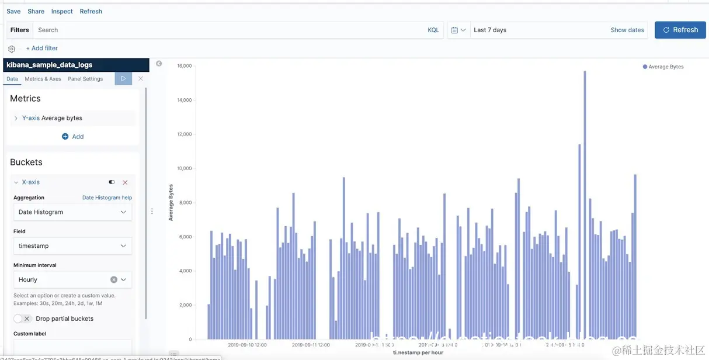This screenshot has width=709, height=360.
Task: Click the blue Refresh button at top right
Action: tap(680, 30)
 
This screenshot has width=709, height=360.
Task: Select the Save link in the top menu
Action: tap(13, 11)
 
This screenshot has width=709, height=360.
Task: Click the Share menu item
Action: tap(36, 11)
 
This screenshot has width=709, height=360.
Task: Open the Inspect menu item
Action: tap(62, 11)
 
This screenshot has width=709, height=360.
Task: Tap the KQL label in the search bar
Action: tap(433, 30)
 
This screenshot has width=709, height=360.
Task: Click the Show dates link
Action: tap(627, 30)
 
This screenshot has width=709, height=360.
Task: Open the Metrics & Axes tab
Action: tap(43, 79)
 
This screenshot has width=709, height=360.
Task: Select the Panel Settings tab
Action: tap(85, 79)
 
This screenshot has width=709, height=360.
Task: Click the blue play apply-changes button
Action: tap(123, 78)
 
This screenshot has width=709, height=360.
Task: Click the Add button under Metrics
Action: tap(73, 136)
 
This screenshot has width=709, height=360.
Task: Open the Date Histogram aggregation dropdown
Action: tap(72, 212)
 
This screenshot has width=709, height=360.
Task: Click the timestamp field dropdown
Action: tap(72, 246)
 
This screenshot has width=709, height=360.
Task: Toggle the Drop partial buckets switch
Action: tap(23, 319)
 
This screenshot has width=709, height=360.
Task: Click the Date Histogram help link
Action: tap(107, 198)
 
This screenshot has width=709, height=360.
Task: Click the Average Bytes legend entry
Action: tap(663, 67)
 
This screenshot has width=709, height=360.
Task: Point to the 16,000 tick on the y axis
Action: tap(185, 66)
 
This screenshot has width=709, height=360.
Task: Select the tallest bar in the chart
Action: tap(585, 205)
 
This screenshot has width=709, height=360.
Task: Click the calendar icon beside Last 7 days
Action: tap(455, 30)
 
